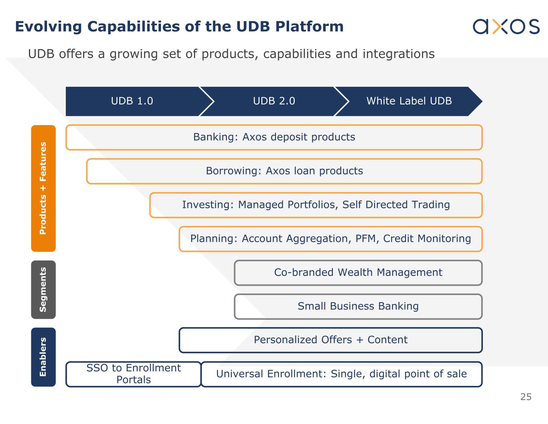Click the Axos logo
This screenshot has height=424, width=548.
[506, 26]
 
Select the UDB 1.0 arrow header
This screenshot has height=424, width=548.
[132, 101]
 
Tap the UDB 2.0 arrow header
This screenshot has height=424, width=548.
[274, 101]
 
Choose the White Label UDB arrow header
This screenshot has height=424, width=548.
[409, 101]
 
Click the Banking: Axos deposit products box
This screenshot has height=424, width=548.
[274, 137]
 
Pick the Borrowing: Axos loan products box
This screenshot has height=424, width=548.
[284, 171]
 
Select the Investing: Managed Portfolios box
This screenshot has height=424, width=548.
[316, 205]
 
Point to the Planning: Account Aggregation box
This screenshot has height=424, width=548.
[330, 239]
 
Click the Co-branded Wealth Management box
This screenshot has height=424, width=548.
[358, 272]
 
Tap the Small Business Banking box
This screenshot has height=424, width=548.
[358, 306]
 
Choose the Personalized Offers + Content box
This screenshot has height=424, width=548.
[330, 340]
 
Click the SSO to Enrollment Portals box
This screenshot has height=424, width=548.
[133, 374]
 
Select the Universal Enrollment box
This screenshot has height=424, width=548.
[341, 374]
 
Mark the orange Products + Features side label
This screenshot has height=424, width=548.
[43, 188]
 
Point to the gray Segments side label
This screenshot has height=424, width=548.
[43, 289]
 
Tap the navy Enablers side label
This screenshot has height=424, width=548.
[43, 357]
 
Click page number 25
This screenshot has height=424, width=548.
[526, 397]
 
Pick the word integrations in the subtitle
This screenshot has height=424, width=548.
[398, 54]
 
